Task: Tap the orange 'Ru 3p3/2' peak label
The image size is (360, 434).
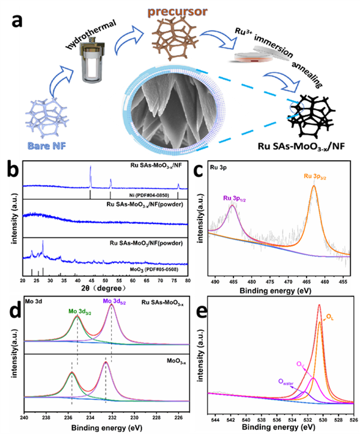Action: pyautogui.click(x=304, y=176)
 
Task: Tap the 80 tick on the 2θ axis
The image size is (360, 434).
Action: pyautogui.click(x=187, y=280)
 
